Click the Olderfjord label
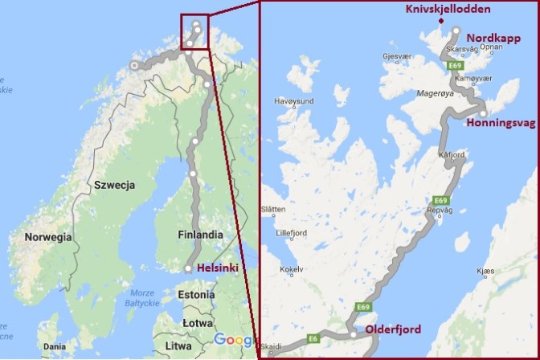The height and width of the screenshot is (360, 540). pos(394,329)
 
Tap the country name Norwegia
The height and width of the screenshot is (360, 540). pos(48,237)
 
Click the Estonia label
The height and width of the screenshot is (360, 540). pos(196,294)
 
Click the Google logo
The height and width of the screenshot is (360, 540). pos(234,340)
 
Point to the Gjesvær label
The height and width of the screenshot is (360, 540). pos(397,57)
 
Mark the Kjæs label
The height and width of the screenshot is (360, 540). pos(485,272)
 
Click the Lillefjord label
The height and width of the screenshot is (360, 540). pos(292,233)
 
